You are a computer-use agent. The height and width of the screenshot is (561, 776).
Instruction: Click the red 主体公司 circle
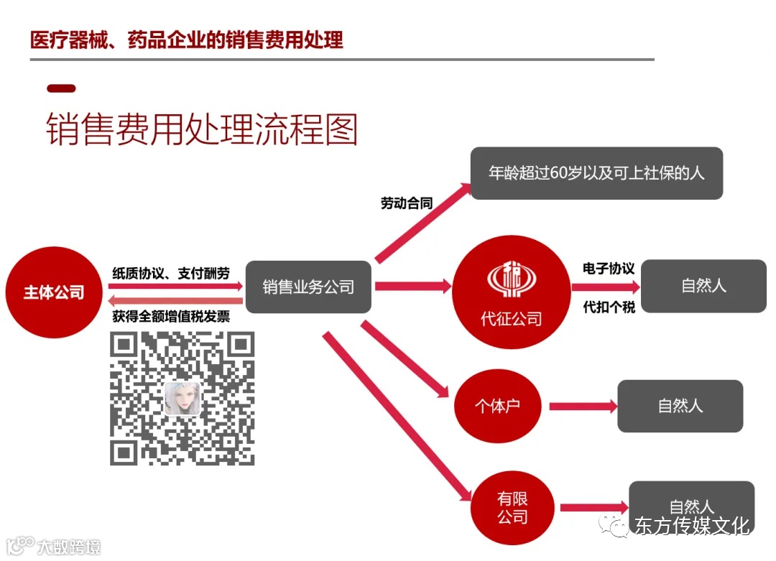click(x=54, y=292)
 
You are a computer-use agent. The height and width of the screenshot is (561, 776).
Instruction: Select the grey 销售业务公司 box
click(x=308, y=287)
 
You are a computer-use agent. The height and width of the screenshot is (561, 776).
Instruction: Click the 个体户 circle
click(x=497, y=406)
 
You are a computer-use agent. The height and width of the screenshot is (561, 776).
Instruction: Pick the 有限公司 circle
click(x=512, y=507)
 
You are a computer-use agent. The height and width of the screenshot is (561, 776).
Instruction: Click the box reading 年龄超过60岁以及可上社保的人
click(x=596, y=174)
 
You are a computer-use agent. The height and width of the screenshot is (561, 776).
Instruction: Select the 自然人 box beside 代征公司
click(x=703, y=286)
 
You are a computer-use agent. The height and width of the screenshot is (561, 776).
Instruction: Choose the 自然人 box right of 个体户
click(x=680, y=406)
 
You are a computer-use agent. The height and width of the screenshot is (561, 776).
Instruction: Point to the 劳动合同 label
click(x=407, y=203)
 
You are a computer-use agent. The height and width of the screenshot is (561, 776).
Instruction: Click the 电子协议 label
click(x=609, y=268)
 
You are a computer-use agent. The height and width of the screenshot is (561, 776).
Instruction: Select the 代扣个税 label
click(x=609, y=307)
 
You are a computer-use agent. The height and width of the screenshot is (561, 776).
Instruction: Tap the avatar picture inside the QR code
click(x=183, y=398)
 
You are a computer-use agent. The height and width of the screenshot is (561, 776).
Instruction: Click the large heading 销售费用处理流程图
click(x=202, y=129)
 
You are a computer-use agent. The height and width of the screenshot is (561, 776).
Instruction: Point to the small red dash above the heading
click(x=61, y=88)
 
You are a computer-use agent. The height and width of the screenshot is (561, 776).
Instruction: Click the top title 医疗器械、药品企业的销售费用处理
click(x=187, y=39)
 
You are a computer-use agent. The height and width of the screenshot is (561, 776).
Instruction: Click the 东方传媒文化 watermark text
click(x=692, y=526)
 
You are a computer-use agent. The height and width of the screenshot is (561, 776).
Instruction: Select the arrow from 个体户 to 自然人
click(x=583, y=407)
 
